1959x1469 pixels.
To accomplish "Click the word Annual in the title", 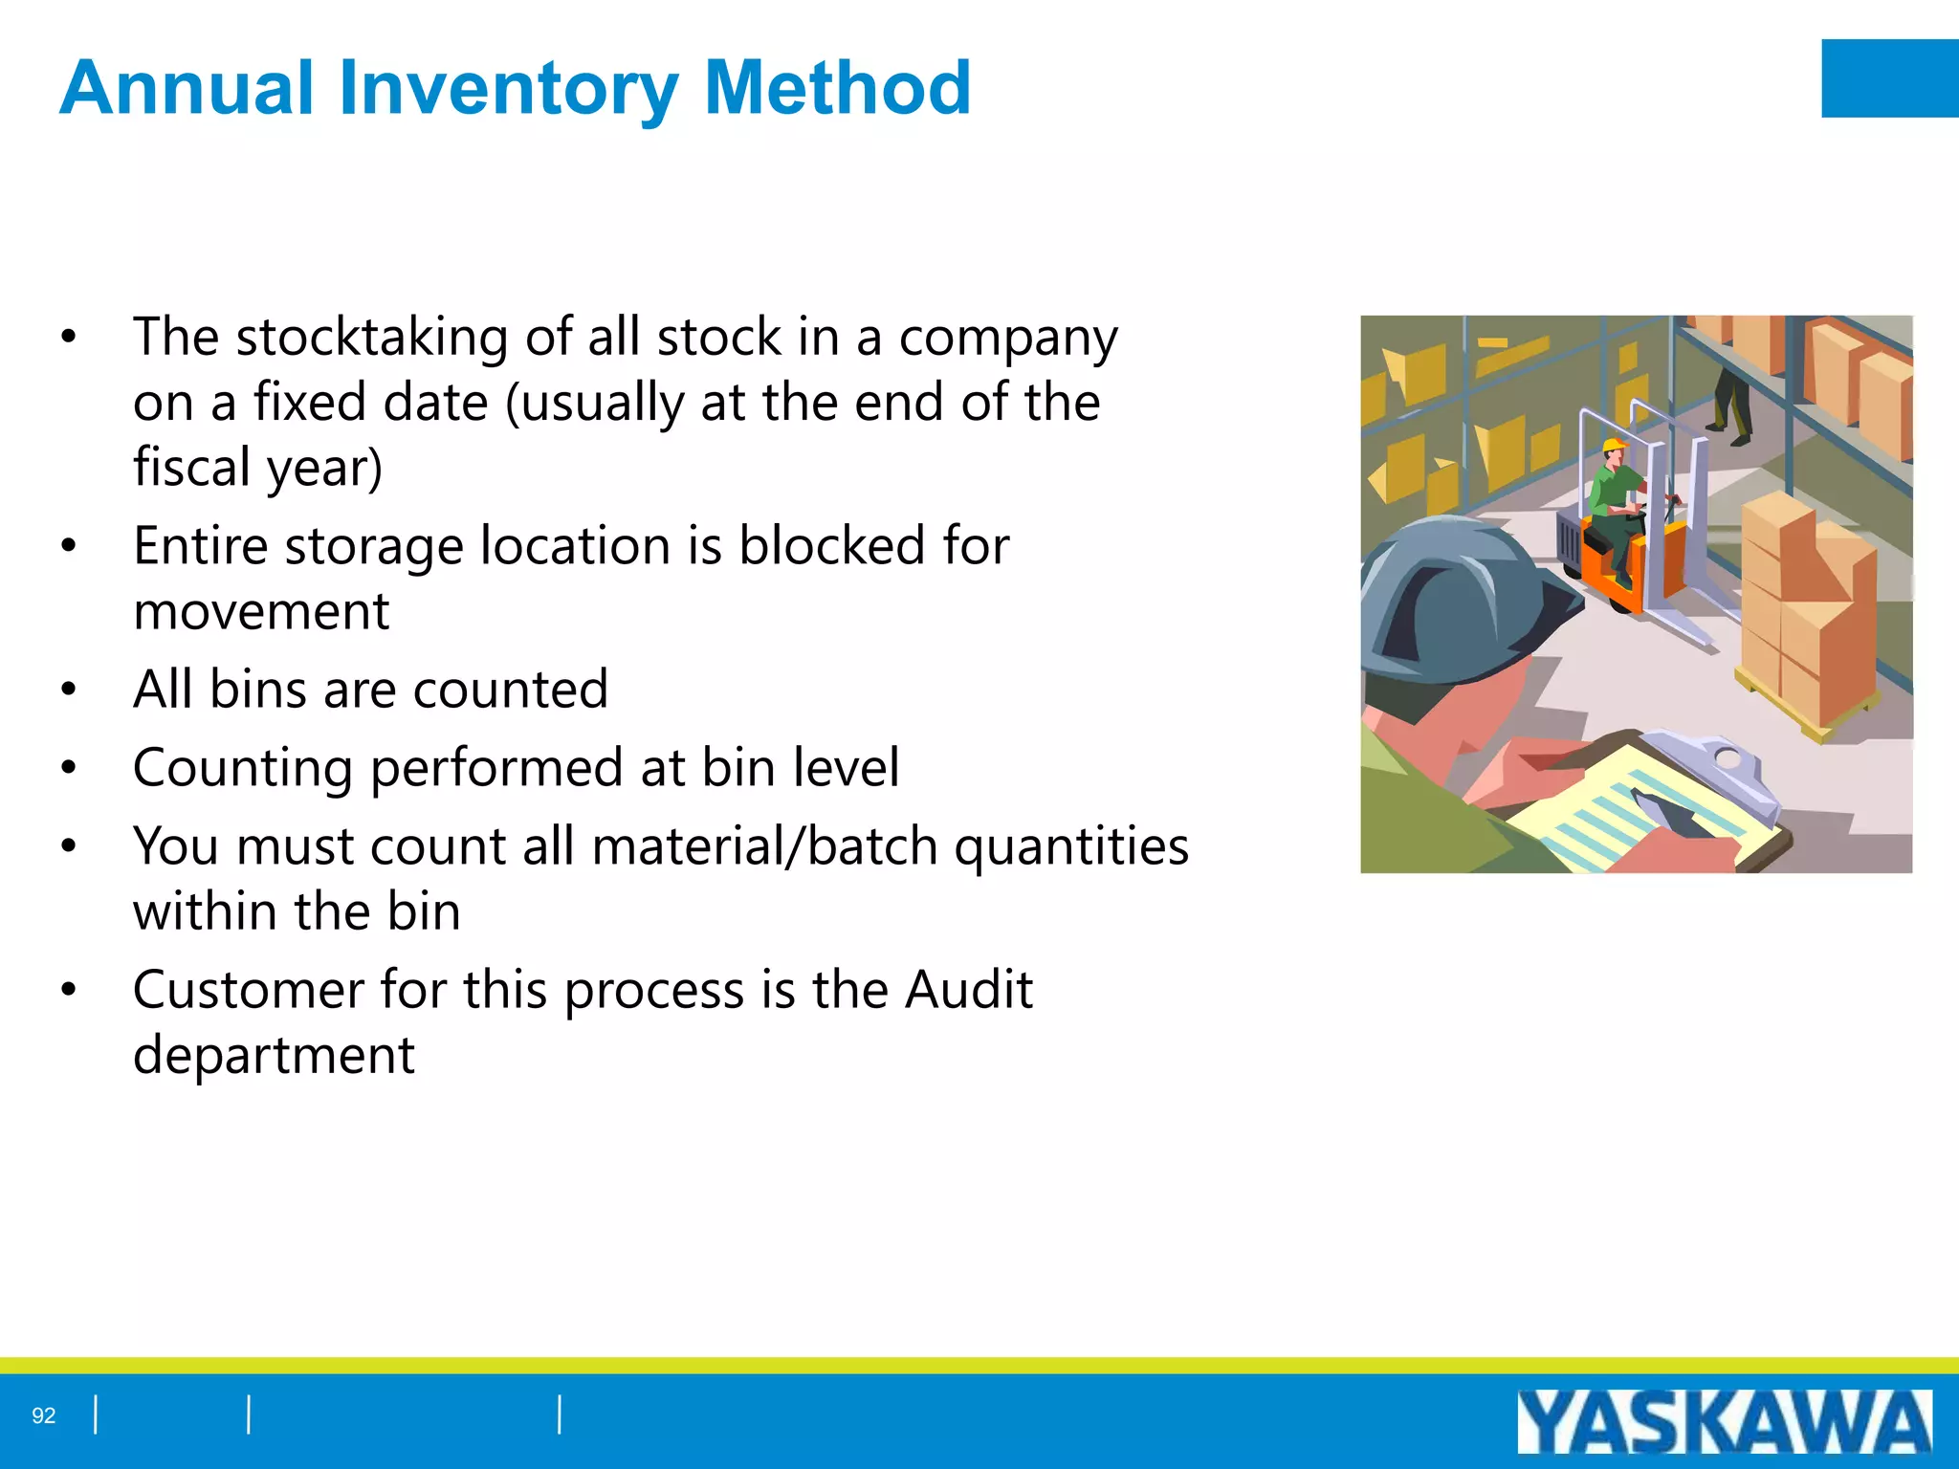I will pyautogui.click(x=187, y=88).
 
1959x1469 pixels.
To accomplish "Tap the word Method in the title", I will pyautogui.click(x=837, y=88).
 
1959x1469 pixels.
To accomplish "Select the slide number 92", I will pyautogui.click(x=44, y=1415).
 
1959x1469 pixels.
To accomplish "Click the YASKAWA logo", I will pyautogui.click(x=1724, y=1422).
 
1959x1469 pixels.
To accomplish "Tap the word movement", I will pyautogui.click(x=261, y=611).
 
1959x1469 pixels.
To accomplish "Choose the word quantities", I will pyautogui.click(x=1071, y=848).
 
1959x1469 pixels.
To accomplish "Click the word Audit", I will pyautogui.click(x=969, y=990).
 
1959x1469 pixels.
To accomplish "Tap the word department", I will pyautogui.click(x=274, y=1056).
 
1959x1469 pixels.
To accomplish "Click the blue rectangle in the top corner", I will pyautogui.click(x=1889, y=78).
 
